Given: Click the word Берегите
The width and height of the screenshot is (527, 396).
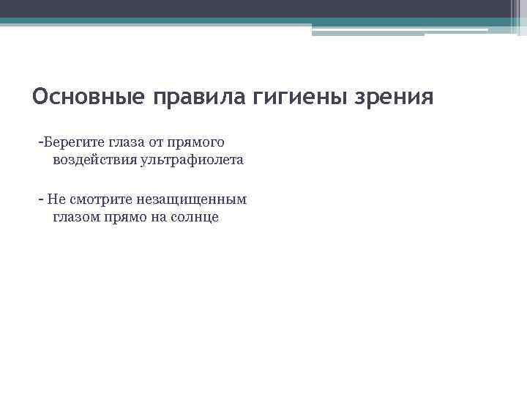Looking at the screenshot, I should (70, 141).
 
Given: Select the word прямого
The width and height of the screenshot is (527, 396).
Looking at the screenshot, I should (198, 141).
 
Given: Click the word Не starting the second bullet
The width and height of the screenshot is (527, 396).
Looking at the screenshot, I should (56, 199).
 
